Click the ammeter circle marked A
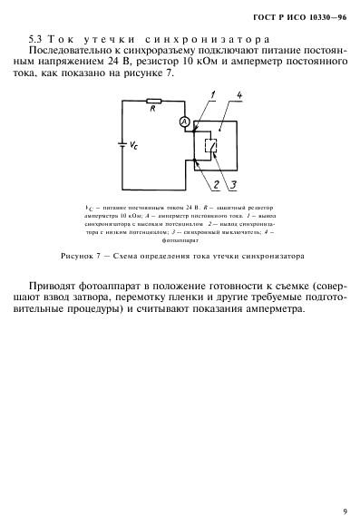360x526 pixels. pos(184,121)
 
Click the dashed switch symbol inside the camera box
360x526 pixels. pos(210,143)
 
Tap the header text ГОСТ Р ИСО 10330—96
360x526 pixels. pos(305,16)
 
